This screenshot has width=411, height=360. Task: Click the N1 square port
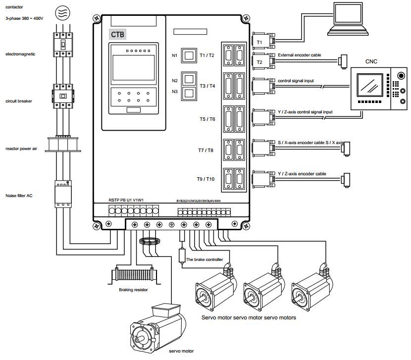tap(189, 55)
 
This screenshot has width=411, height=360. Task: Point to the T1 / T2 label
tap(206, 55)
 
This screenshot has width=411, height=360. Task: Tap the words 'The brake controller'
tap(205, 259)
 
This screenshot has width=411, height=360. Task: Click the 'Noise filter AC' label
tap(19, 196)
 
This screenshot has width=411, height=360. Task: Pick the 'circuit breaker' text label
tap(18, 101)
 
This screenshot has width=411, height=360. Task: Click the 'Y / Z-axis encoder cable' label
tap(302, 174)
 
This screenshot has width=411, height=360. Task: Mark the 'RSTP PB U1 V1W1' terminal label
tap(126, 201)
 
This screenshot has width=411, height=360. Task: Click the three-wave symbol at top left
tap(62, 12)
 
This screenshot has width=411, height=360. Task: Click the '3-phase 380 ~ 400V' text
tap(24, 18)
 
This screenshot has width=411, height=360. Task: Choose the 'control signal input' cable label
tap(296, 80)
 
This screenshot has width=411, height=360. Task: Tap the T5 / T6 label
tap(206, 119)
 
